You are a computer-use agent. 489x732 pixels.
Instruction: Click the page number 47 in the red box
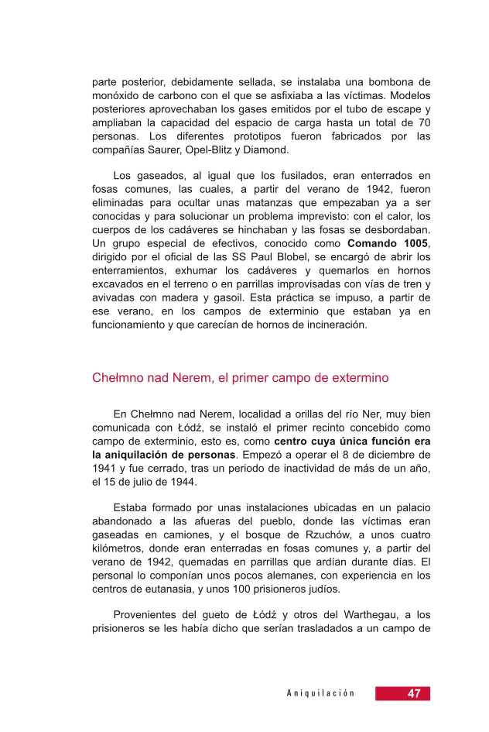click(x=414, y=693)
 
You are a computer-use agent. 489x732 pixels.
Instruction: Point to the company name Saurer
click(x=158, y=150)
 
